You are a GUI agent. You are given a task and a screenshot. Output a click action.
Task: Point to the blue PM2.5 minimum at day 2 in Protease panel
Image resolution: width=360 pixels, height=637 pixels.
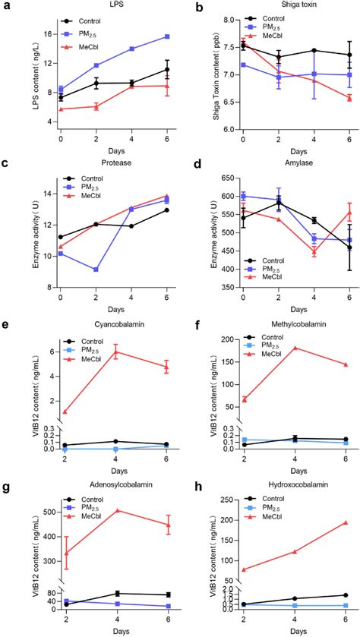pyautogui.click(x=96, y=270)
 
